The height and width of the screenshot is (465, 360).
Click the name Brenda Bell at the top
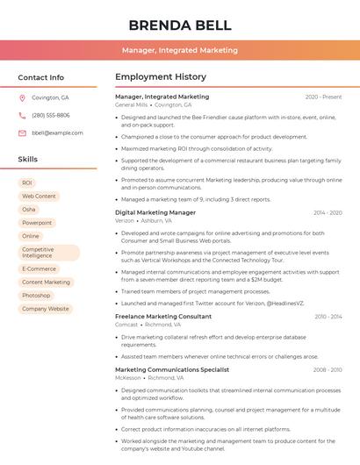click(180, 25)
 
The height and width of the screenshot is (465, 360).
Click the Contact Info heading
click(40, 77)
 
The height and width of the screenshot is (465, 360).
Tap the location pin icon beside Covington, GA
click(22, 97)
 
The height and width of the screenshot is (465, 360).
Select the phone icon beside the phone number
click(22, 115)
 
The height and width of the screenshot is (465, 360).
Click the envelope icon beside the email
click(22, 132)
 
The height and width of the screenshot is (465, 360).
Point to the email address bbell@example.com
click(57, 132)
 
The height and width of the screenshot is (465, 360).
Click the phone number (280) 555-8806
click(51, 115)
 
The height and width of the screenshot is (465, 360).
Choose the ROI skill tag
click(27, 182)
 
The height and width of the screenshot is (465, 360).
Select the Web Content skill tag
click(39, 197)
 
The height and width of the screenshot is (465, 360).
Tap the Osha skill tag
click(29, 210)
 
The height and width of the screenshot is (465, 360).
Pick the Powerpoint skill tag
click(37, 223)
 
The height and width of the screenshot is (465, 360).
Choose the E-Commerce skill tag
click(39, 268)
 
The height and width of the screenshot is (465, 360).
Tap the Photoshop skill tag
click(36, 296)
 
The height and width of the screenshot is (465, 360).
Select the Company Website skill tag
click(46, 309)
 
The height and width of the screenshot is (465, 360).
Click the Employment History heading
click(161, 77)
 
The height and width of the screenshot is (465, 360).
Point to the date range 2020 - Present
click(323, 97)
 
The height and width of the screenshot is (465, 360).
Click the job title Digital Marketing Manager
click(155, 212)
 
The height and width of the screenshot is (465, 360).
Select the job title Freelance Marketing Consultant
click(163, 316)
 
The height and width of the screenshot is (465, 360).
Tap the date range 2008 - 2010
click(327, 369)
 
